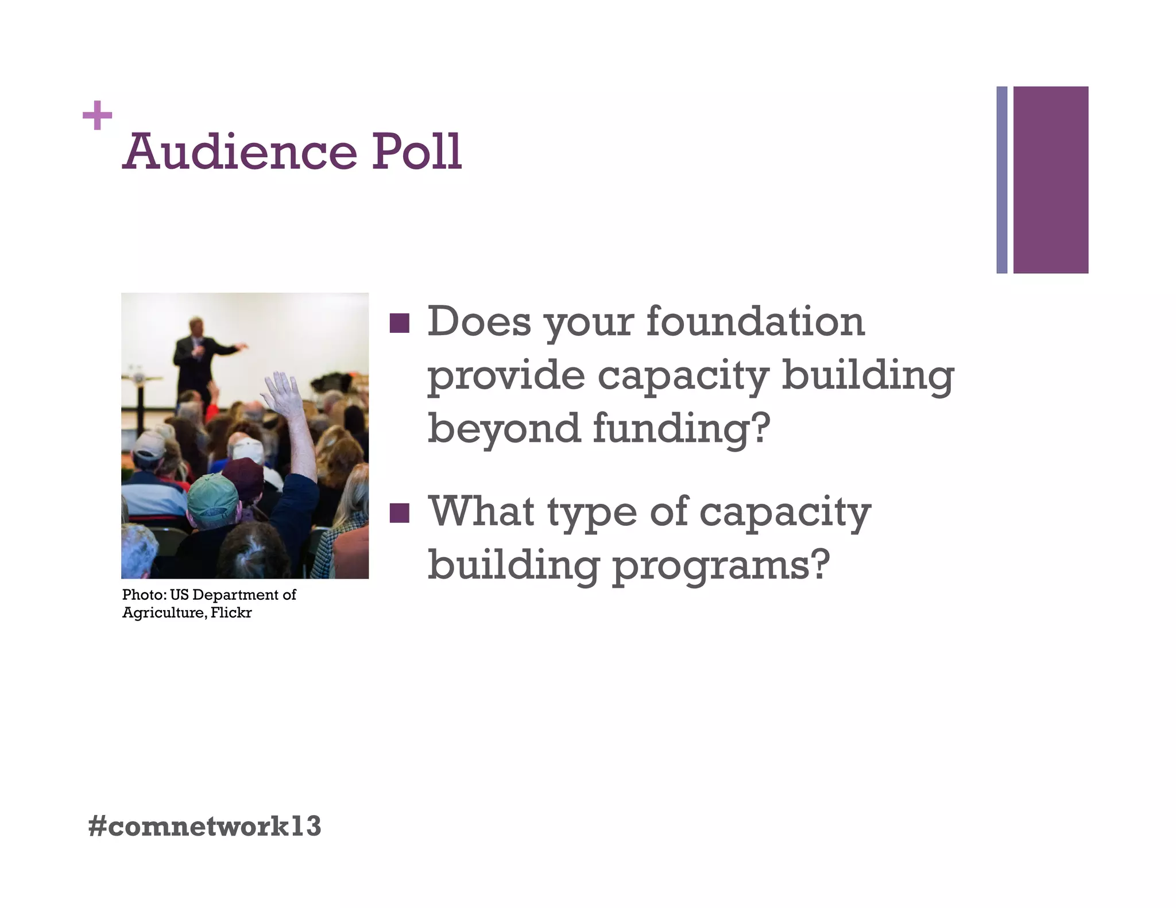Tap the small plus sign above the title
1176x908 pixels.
pyautogui.click(x=97, y=115)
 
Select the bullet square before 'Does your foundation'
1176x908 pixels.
pyautogui.click(x=399, y=323)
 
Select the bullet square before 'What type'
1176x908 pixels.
pyautogui.click(x=399, y=513)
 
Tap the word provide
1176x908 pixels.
pyautogui.click(x=506, y=376)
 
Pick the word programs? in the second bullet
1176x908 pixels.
pyautogui.click(x=721, y=565)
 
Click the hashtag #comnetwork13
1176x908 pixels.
pyautogui.click(x=204, y=826)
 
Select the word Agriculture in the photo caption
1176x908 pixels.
pyautogui.click(x=164, y=613)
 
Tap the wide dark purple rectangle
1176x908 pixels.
pyautogui.click(x=1050, y=180)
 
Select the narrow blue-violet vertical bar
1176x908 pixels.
pyautogui.click(x=1001, y=180)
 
